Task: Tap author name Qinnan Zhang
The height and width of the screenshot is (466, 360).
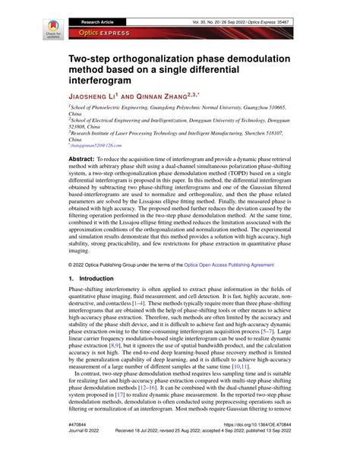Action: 167,97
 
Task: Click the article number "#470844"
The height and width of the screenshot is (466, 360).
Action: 80,447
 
